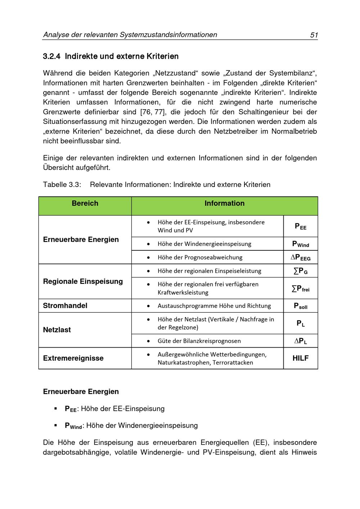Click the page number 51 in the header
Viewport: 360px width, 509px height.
click(314, 35)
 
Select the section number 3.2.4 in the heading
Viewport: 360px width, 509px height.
click(51, 57)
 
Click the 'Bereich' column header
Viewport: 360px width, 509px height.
click(85, 204)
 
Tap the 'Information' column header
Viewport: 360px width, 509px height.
click(224, 204)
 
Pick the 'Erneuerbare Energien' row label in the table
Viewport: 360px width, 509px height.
click(81, 240)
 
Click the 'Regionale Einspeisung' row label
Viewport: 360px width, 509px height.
click(83, 281)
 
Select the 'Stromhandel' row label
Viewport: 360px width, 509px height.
click(65, 305)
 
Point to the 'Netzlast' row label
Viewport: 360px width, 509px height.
click(57, 330)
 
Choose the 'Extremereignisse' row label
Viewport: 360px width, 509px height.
click(73, 358)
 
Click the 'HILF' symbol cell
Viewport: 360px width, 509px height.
click(301, 358)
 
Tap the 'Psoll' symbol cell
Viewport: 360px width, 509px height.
click(301, 306)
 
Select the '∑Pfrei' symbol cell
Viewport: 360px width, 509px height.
click(301, 289)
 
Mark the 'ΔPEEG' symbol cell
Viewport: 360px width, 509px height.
click(301, 258)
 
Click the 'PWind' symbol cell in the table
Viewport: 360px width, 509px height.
click(301, 244)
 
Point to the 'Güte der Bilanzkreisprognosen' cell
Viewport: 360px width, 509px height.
click(199, 341)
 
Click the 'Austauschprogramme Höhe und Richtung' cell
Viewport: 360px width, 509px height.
click(214, 306)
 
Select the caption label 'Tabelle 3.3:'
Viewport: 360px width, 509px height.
click(62, 185)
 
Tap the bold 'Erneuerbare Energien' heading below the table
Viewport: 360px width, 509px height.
click(81, 392)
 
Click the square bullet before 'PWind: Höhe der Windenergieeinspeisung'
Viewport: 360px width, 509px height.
click(56, 425)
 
